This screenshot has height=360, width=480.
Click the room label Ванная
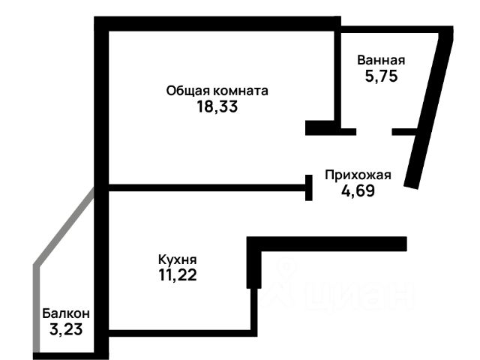point(381,61)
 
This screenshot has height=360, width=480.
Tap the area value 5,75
point(381,76)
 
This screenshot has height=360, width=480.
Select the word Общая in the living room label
point(187,91)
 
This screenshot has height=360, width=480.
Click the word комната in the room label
point(240,91)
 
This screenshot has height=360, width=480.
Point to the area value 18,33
point(217,106)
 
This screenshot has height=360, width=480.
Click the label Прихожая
point(358,175)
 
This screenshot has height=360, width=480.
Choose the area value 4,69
point(358,190)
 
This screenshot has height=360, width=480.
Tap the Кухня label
point(177,259)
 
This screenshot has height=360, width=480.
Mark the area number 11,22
point(177,274)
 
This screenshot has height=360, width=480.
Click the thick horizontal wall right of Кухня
point(330,244)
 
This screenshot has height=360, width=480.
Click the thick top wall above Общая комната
point(217,22)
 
